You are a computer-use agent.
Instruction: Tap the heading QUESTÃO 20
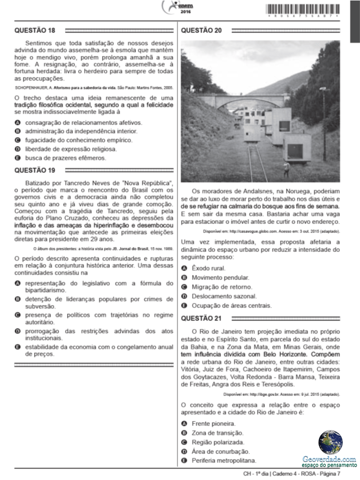tap(201, 30)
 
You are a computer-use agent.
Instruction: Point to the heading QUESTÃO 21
tap(201, 318)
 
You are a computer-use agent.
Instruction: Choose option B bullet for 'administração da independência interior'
tap(17, 131)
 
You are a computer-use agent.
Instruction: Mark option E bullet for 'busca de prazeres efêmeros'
tap(17, 158)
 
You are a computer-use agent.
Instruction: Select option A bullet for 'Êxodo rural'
tap(184, 268)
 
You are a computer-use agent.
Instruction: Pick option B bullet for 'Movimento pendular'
tap(184, 277)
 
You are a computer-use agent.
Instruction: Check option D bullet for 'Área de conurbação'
tap(184, 451)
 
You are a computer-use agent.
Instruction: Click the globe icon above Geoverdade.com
tap(330, 442)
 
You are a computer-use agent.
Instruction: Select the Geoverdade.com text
tap(329, 459)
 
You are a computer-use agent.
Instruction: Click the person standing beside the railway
tap(286, 168)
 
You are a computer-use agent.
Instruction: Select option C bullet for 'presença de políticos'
tap(17, 315)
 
